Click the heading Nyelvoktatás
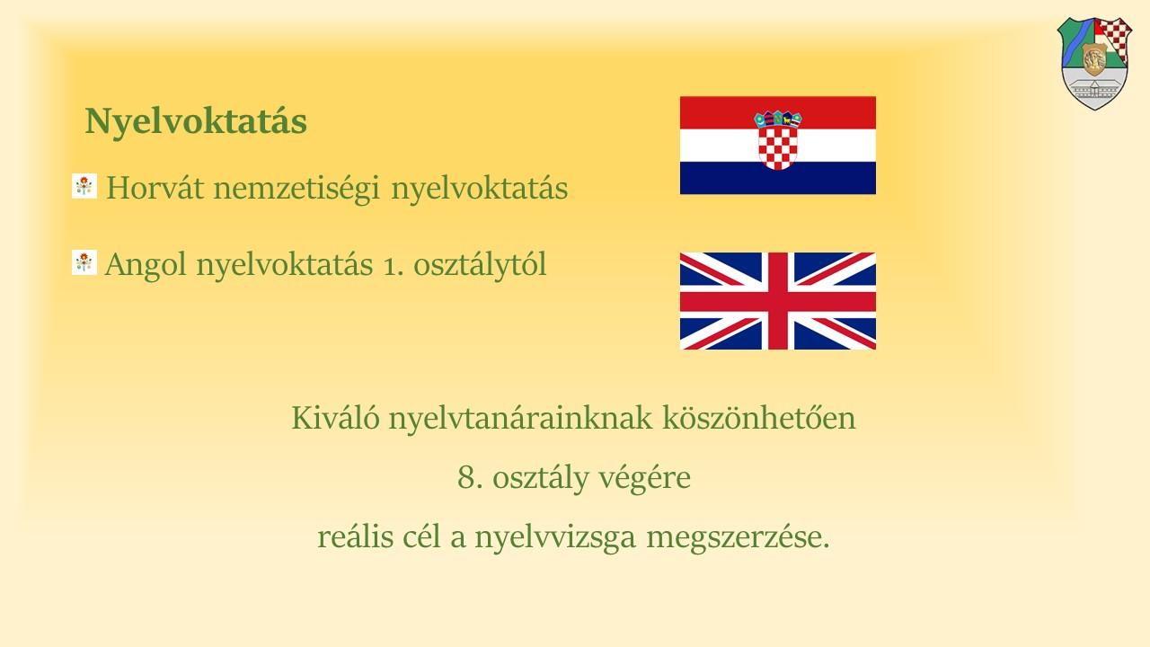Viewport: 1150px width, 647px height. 196,121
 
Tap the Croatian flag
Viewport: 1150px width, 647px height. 778,146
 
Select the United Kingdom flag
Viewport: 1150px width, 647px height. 778,301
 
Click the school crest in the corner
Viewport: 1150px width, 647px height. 1094,63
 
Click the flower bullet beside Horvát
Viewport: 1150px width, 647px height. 84,186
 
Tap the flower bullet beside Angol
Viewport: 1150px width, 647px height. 84,262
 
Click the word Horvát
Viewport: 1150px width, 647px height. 155,188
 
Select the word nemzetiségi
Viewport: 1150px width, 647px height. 296,189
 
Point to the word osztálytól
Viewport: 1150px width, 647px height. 480,265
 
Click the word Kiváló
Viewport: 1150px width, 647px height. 336,418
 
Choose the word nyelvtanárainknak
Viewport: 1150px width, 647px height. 520,419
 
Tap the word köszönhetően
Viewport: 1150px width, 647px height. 759,418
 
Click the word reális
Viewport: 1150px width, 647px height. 355,536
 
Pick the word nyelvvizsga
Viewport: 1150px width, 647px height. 555,538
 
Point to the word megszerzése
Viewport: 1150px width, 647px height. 738,538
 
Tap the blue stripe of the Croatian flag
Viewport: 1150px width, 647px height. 778,178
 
